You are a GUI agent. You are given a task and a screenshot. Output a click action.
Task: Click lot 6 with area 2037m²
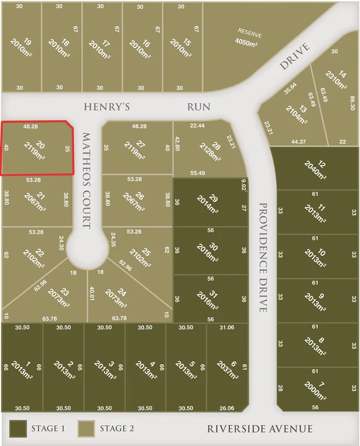point(227,367)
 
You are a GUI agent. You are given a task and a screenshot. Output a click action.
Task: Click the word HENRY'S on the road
point(107,106)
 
